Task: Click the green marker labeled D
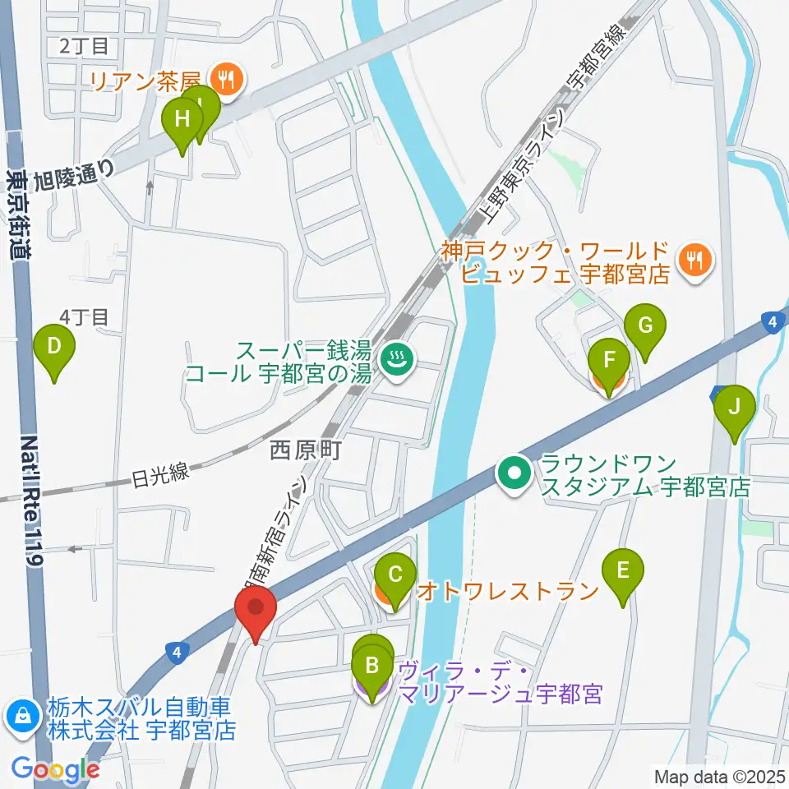click(x=54, y=346)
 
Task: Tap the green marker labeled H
click(x=182, y=119)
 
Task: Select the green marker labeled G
click(x=645, y=325)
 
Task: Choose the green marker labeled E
click(x=623, y=570)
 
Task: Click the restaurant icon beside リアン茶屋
click(x=224, y=79)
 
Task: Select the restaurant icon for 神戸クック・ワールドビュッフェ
click(x=695, y=261)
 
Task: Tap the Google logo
click(x=57, y=769)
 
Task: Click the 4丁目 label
click(x=85, y=316)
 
